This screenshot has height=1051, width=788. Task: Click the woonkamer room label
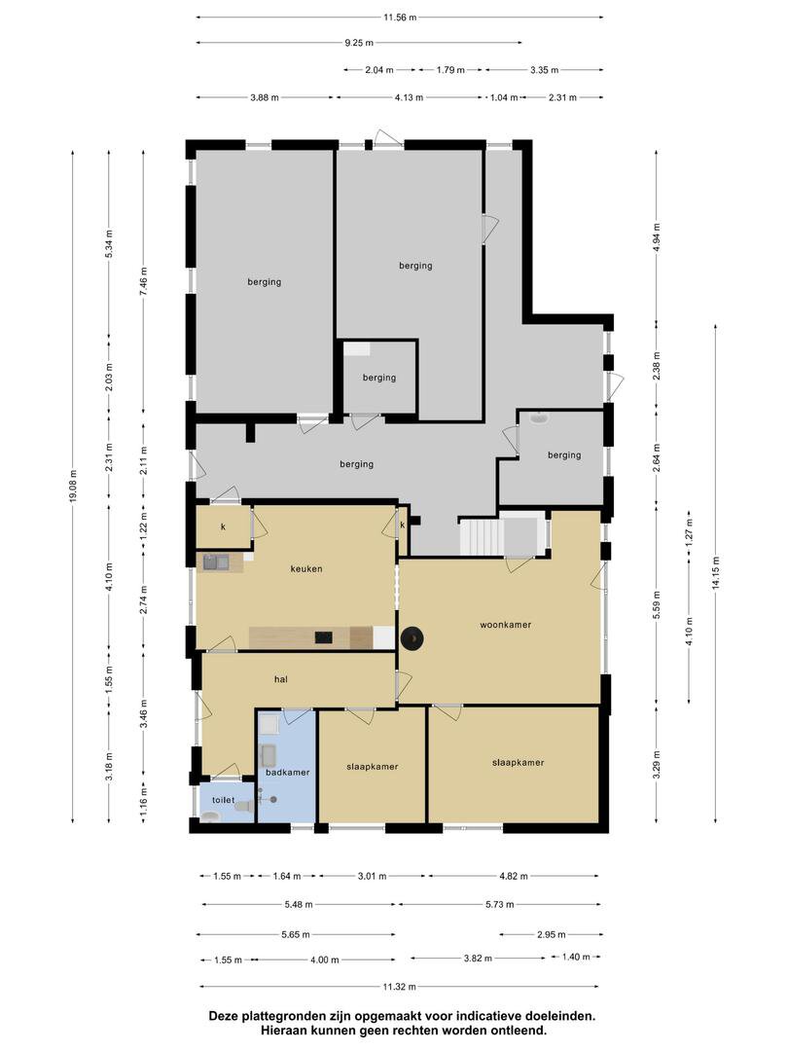(505, 625)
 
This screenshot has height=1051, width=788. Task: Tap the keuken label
(306, 569)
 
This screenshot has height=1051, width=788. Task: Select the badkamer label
(287, 772)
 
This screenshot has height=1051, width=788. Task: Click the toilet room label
(223, 800)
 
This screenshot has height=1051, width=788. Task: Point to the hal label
(281, 679)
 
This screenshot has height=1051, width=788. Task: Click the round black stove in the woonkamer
(412, 638)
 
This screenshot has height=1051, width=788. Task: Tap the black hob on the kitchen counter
(324, 637)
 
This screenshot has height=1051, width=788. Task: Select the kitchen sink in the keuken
(216, 562)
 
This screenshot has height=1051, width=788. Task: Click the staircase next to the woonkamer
(482, 537)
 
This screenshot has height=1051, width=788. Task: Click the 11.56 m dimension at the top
(400, 18)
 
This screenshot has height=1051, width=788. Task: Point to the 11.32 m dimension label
(400, 987)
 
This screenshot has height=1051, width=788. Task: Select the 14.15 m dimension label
(716, 573)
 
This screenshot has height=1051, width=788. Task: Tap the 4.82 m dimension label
(514, 876)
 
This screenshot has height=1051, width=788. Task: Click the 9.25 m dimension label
(359, 43)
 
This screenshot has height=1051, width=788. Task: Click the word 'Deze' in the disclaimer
(223, 1016)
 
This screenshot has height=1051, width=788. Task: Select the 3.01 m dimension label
(373, 876)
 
